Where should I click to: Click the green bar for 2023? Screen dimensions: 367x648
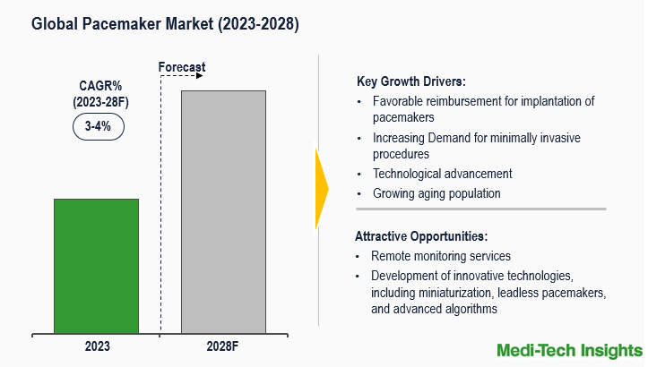(x=96, y=266)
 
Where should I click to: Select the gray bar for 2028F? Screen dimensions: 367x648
(x=223, y=211)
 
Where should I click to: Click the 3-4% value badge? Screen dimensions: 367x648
(x=98, y=126)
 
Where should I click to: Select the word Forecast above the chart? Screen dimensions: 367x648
(x=182, y=67)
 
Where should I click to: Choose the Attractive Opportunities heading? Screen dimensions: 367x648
(x=421, y=236)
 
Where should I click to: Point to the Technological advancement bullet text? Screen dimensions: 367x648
(x=442, y=174)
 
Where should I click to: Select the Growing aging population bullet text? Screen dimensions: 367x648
(x=436, y=193)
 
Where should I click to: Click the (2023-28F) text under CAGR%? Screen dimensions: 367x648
(x=100, y=103)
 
